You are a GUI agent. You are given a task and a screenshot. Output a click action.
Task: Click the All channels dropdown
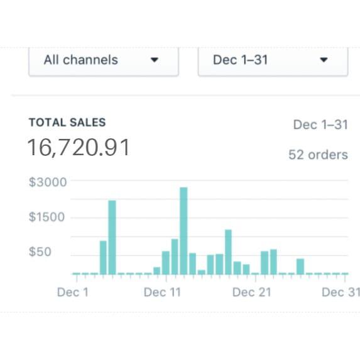103,60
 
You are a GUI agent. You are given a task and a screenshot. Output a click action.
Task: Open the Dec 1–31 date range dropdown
272,60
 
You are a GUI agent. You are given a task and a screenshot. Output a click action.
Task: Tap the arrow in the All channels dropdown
155,61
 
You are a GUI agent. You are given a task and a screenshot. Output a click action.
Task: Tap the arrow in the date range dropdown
324,61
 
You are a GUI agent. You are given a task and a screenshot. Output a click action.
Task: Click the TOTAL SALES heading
67,123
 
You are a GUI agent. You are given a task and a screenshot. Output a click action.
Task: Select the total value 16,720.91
79,148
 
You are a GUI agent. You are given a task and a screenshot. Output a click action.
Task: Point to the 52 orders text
318,155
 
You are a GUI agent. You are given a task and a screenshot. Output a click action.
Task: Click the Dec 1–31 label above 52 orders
320,124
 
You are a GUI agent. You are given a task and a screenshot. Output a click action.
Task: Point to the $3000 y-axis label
48,182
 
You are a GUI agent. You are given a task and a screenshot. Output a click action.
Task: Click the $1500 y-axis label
48,217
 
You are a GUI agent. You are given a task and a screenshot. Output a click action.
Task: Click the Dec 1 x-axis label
73,292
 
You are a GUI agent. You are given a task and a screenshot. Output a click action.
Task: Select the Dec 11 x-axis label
162,292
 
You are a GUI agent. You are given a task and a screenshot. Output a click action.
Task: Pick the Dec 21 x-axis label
251,292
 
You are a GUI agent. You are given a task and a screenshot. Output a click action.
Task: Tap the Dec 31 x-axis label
341,292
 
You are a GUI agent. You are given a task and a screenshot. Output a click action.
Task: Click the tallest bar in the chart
183,230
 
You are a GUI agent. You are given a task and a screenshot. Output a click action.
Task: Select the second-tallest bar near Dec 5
112,237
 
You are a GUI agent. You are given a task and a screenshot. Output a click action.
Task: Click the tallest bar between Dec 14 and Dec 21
228,251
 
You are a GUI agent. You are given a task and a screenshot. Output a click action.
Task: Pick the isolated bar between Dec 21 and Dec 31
300,266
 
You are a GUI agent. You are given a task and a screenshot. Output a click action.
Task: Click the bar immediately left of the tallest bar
175,256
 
